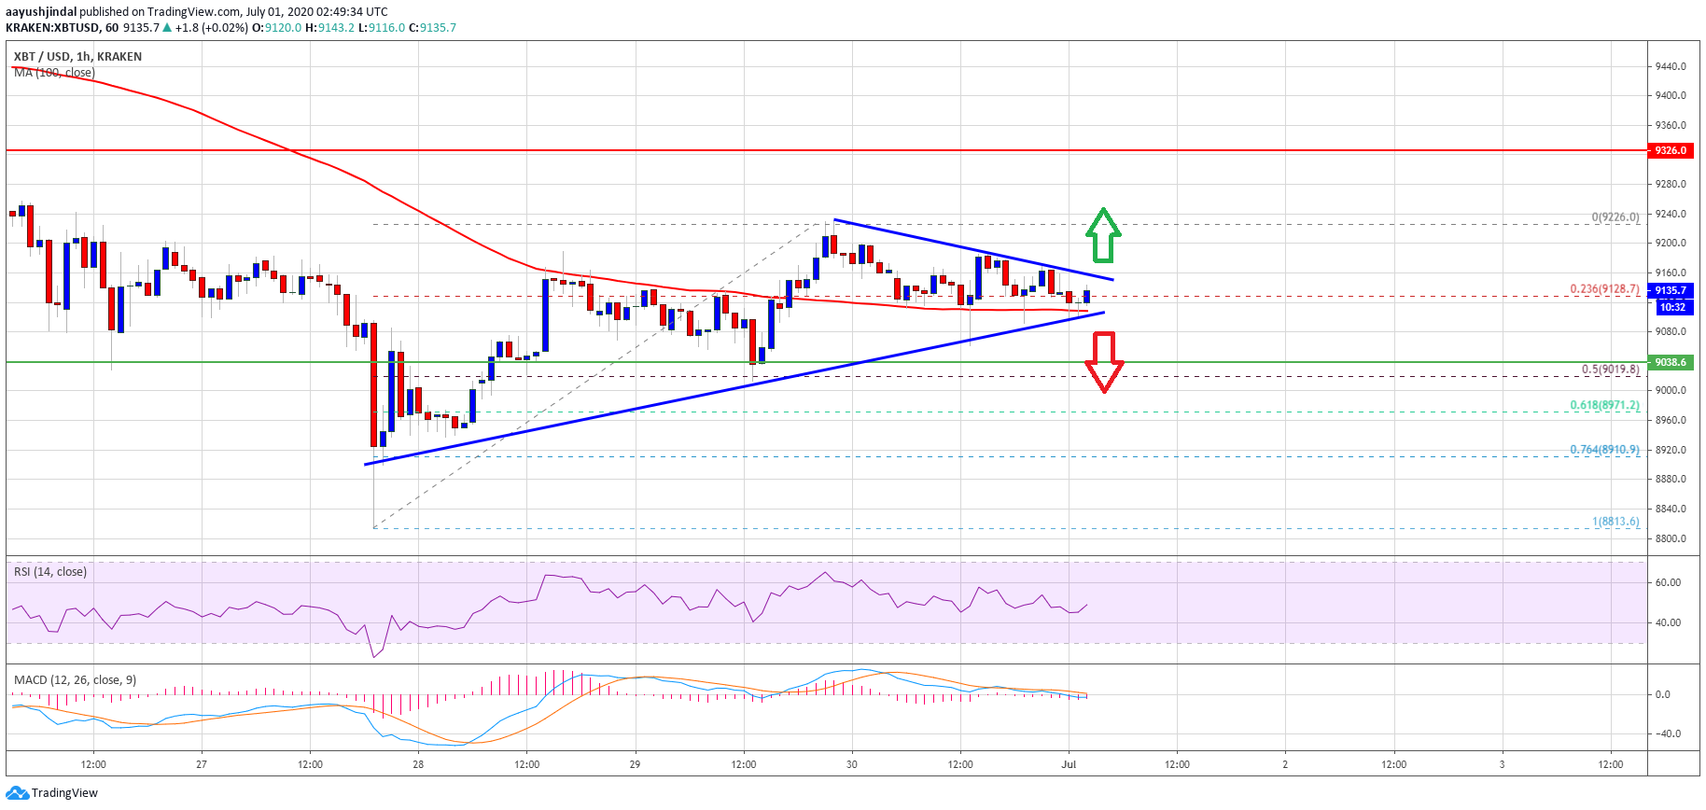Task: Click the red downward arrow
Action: click(x=1104, y=362)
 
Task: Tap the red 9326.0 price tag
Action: click(x=1671, y=150)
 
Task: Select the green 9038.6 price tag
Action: click(x=1671, y=362)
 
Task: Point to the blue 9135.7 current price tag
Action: click(x=1671, y=290)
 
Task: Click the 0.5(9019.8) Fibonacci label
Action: click(x=1610, y=370)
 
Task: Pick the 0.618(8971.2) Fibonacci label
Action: click(x=1604, y=406)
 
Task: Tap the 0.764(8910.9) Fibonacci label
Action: click(x=1604, y=450)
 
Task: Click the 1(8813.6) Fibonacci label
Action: click(x=1615, y=522)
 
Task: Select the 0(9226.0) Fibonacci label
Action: click(x=1615, y=217)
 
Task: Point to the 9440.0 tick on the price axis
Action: click(x=1671, y=66)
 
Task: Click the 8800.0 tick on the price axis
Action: click(x=1671, y=538)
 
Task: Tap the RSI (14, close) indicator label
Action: click(x=50, y=572)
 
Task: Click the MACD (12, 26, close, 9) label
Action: click(x=75, y=680)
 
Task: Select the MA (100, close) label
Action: click(x=54, y=73)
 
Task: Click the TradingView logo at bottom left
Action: click(x=51, y=793)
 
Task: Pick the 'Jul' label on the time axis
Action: click(x=1069, y=764)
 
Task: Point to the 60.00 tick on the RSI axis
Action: click(x=1668, y=582)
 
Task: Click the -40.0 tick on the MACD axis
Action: click(x=1668, y=733)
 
